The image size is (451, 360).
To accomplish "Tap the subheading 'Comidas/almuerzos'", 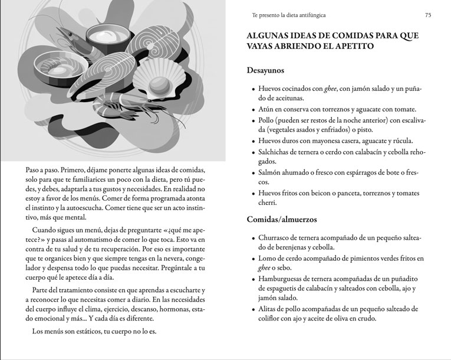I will point(283,220).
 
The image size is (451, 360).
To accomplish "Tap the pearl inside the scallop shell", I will point(158,93).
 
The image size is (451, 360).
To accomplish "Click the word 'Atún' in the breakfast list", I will point(266,109).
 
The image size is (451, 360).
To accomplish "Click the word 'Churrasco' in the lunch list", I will point(276,238).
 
